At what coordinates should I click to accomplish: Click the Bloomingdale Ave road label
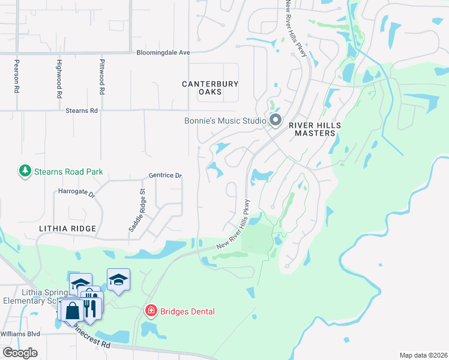[x=163, y=53]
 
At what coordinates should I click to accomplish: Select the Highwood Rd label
[x=59, y=79]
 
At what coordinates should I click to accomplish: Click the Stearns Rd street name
[x=81, y=111]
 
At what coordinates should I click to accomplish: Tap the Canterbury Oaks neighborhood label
[x=210, y=88]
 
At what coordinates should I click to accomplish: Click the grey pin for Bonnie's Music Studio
[x=276, y=121]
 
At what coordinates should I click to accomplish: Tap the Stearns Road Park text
[x=68, y=172]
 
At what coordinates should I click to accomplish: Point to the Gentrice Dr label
[x=165, y=176]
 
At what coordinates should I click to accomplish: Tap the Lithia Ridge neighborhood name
[x=67, y=229]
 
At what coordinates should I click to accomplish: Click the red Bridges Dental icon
[x=151, y=311]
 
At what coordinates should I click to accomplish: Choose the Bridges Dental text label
[x=187, y=311]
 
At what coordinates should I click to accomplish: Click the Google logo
[x=20, y=353]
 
